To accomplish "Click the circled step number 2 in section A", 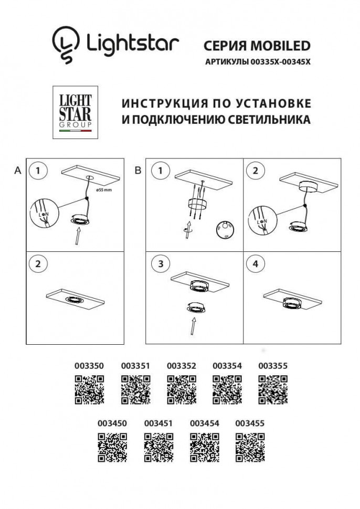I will (x=38, y=264).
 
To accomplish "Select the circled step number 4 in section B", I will (x=256, y=264).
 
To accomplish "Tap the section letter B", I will (x=138, y=171).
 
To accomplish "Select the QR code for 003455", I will (x=250, y=447).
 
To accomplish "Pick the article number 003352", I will (x=181, y=366).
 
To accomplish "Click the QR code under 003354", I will (x=227, y=390).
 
